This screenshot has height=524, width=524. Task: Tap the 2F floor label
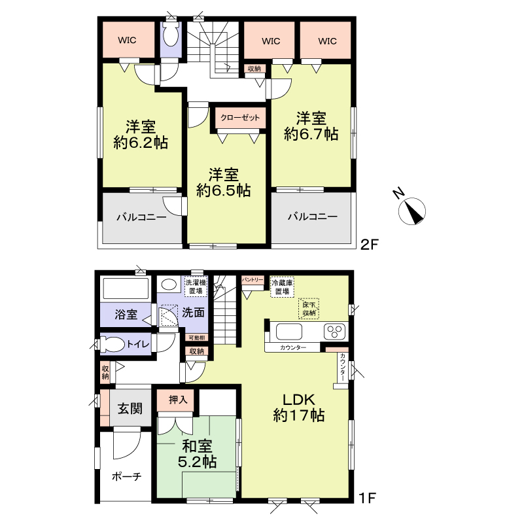(x=369, y=245)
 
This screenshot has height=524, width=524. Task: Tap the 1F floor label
(x=368, y=498)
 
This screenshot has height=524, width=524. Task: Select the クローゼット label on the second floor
(x=240, y=118)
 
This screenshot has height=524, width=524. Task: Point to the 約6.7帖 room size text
(x=311, y=134)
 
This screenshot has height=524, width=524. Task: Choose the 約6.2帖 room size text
(x=141, y=143)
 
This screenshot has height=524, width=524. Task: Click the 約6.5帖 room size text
(x=223, y=191)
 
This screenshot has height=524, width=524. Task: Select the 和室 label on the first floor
(x=197, y=446)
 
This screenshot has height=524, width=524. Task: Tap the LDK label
(x=299, y=399)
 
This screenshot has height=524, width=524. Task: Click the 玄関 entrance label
(x=130, y=408)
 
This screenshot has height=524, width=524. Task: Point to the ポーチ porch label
(x=127, y=476)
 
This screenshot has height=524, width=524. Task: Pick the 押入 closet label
(x=177, y=399)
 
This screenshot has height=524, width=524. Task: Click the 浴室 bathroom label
(x=126, y=315)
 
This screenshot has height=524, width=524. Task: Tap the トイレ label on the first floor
(x=138, y=344)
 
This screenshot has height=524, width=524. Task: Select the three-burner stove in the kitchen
(x=334, y=332)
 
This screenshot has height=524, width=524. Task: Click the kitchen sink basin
(x=288, y=332)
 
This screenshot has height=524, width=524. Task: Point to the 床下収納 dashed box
(x=309, y=309)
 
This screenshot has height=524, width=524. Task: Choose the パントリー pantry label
(x=253, y=280)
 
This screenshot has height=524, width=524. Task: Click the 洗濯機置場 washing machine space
(x=196, y=287)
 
